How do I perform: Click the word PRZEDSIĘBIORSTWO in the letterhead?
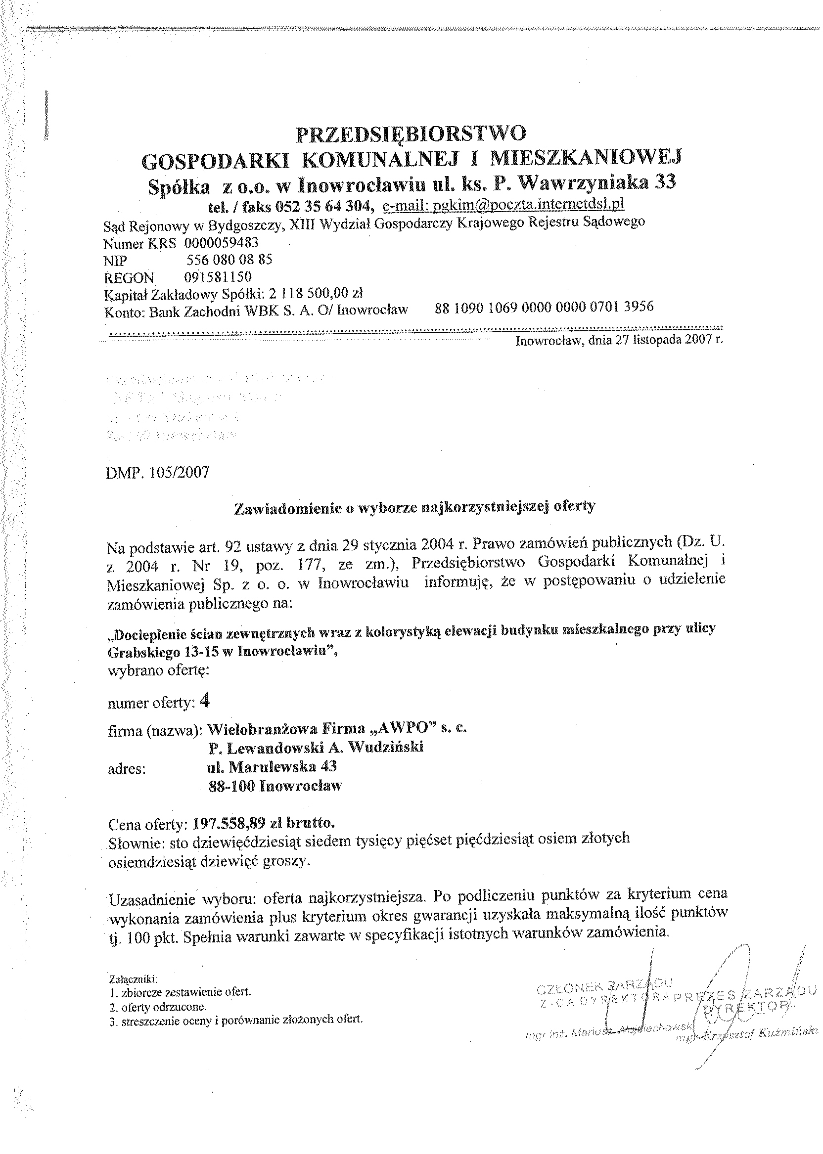[411, 134]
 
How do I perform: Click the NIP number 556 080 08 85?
[229, 260]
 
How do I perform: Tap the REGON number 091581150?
[219, 277]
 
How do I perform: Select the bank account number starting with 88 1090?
[544, 307]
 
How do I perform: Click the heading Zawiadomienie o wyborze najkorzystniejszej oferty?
[414, 507]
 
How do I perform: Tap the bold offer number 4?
[205, 701]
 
